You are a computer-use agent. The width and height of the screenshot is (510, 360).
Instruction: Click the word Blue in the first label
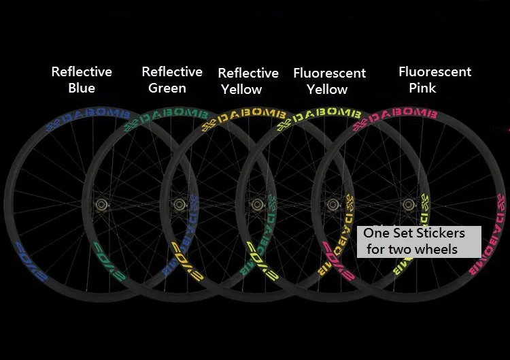pyautogui.click(x=82, y=88)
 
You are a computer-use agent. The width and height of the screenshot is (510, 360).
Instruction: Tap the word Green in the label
pyautogui.click(x=167, y=88)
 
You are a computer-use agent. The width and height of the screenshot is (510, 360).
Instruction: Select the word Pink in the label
pyautogui.click(x=422, y=88)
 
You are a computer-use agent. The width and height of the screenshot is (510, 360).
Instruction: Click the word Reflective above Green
pyautogui.click(x=172, y=71)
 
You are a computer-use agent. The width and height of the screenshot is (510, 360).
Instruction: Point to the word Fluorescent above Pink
pyautogui.click(x=435, y=71)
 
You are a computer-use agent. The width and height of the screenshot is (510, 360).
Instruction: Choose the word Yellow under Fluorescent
pyautogui.click(x=327, y=89)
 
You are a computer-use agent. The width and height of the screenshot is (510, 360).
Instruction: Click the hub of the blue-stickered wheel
pyautogui.click(x=102, y=203)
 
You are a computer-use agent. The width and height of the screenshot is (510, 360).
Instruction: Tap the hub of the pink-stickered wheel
pyautogui.click(x=408, y=203)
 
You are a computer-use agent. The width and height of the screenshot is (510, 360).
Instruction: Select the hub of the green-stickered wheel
pyautogui.click(x=180, y=203)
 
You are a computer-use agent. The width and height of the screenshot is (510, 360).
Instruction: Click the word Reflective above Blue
pyautogui.click(x=82, y=71)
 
